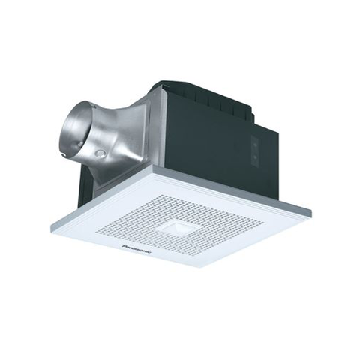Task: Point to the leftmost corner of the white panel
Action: pos(52,225)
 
